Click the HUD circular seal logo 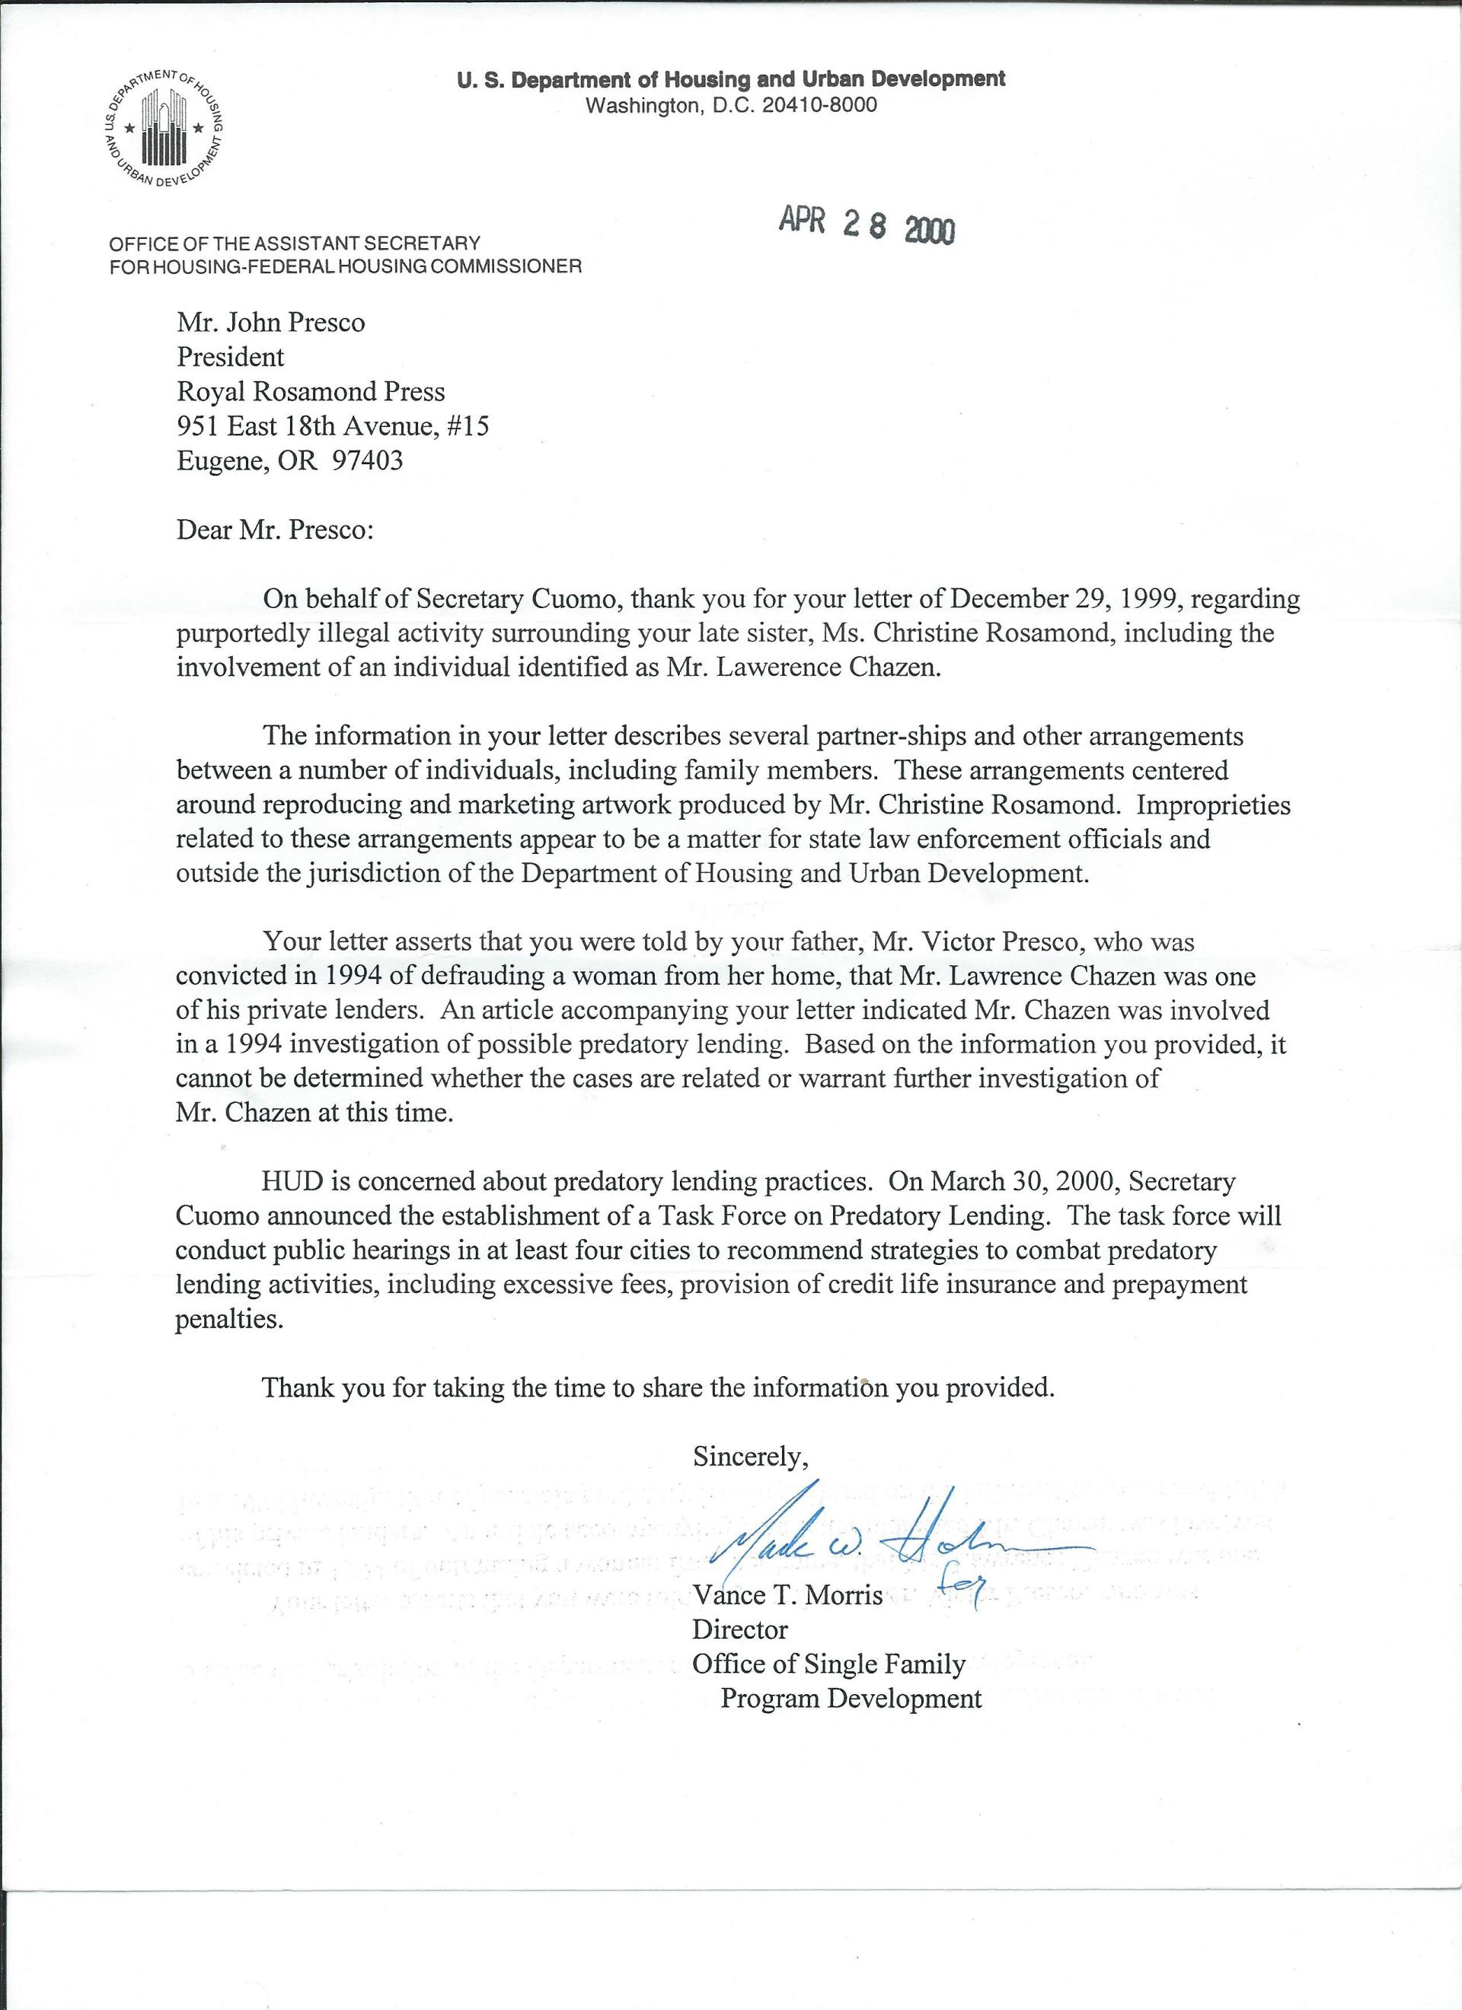click(x=163, y=128)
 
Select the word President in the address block click(x=231, y=357)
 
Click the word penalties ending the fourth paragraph click(x=228, y=1320)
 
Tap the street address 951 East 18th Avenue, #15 click(x=333, y=426)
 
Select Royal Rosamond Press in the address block click(x=311, y=392)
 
